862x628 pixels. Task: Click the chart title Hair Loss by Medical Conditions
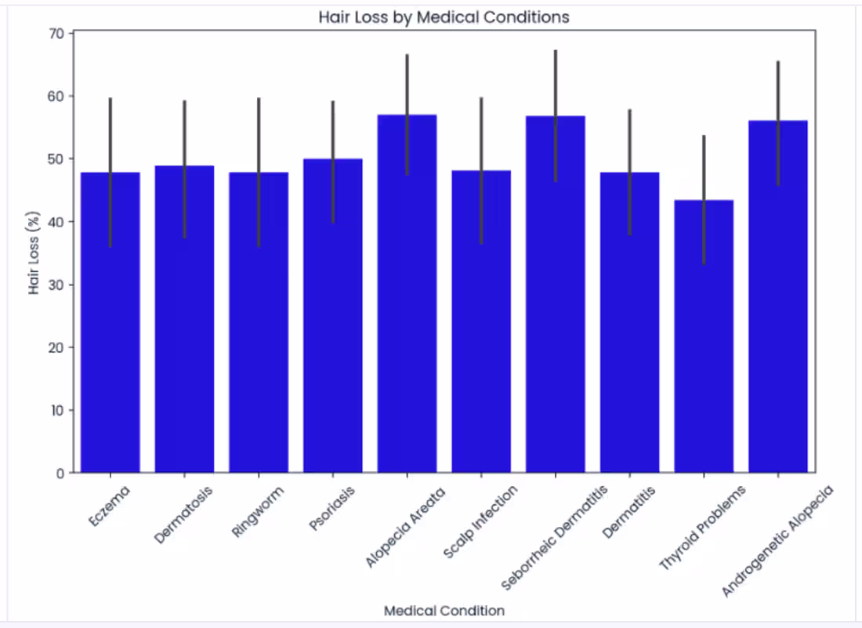[444, 17]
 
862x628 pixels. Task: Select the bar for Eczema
[110, 329]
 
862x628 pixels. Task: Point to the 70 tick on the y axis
[57, 34]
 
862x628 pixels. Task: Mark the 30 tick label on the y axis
[57, 285]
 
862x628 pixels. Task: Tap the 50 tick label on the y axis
[57, 159]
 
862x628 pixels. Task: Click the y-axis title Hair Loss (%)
[34, 253]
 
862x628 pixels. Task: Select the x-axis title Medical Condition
[444, 610]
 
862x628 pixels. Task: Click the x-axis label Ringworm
[258, 512]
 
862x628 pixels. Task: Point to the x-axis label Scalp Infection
[480, 521]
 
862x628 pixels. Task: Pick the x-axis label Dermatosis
[183, 515]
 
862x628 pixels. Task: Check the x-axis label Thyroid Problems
[702, 527]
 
